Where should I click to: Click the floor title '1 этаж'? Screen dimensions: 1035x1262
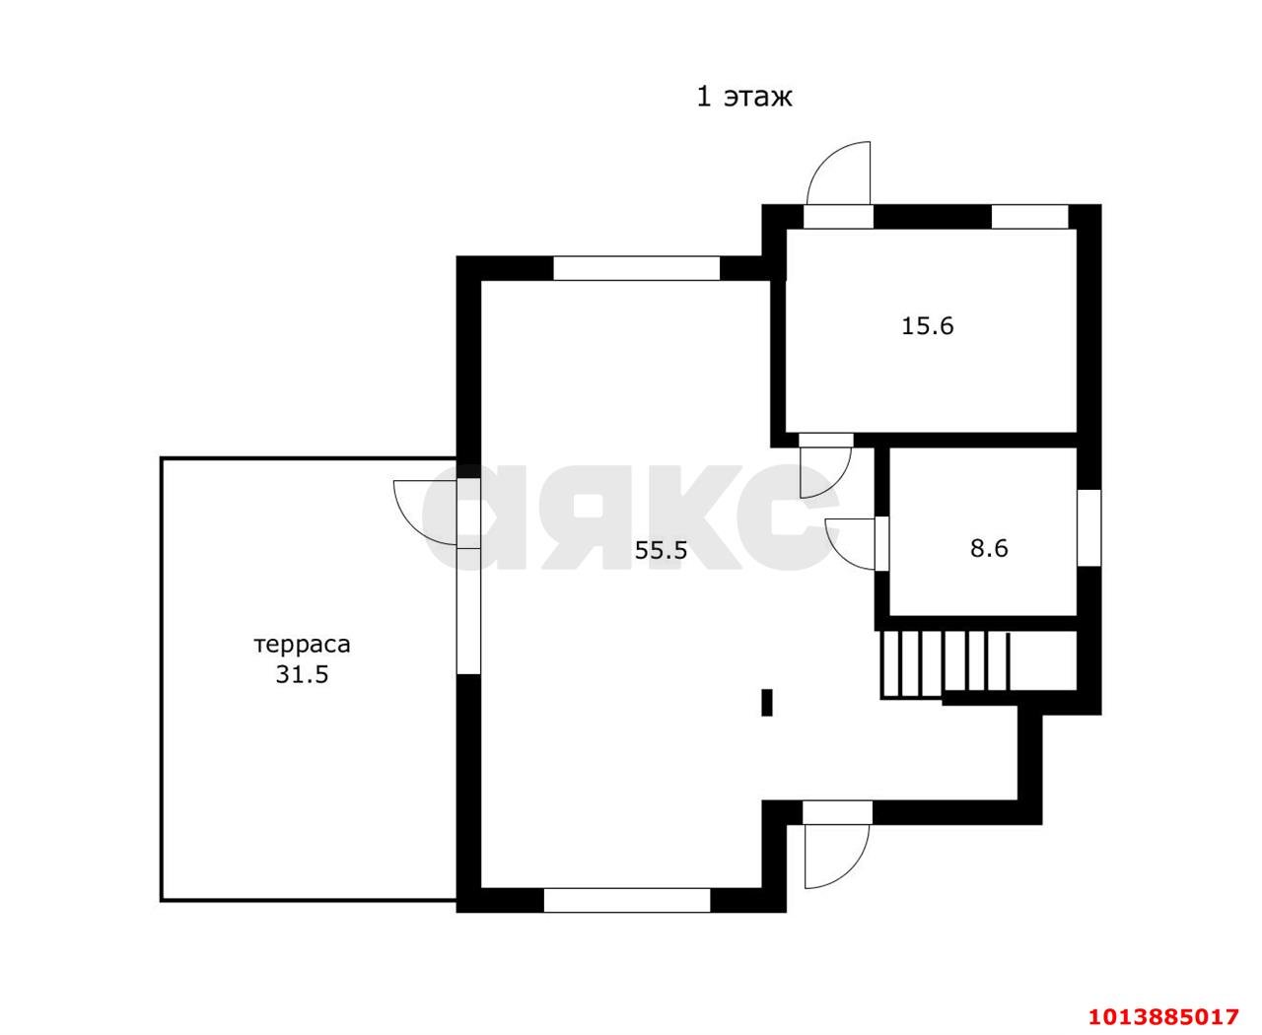(x=744, y=97)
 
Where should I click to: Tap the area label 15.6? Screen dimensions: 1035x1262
(x=927, y=325)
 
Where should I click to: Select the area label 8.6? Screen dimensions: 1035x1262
(x=989, y=547)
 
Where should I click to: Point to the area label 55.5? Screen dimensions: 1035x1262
(x=661, y=550)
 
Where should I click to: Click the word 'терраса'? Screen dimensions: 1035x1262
(x=303, y=645)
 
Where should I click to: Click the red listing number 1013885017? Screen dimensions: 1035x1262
(x=1161, y=1016)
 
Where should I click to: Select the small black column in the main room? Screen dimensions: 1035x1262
(x=766, y=702)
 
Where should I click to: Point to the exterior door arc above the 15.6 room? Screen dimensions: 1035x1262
(x=836, y=173)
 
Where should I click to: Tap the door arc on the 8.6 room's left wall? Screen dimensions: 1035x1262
(x=849, y=542)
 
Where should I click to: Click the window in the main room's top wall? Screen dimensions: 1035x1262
(x=636, y=268)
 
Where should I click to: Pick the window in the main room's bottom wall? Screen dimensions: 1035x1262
(x=627, y=899)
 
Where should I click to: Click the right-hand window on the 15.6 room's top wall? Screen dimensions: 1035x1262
(x=1029, y=216)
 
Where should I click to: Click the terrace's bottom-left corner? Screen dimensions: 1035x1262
(x=163, y=899)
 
